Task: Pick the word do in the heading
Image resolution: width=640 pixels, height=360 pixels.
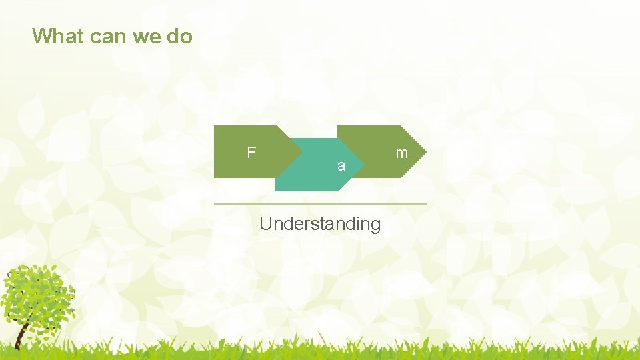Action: click(179, 36)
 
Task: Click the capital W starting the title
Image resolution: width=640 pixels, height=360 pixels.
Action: click(41, 36)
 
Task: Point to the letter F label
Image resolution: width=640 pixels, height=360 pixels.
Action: click(251, 153)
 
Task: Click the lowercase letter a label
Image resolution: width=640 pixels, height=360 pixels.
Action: click(341, 166)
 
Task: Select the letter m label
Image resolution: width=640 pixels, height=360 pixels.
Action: click(401, 153)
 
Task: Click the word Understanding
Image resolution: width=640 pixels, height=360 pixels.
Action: click(320, 224)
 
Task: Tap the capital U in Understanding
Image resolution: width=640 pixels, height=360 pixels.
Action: click(265, 223)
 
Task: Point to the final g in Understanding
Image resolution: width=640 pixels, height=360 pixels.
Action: click(375, 225)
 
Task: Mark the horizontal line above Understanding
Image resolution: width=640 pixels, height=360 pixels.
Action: click(320, 203)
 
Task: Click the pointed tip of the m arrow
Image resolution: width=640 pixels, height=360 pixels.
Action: click(425, 151)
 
